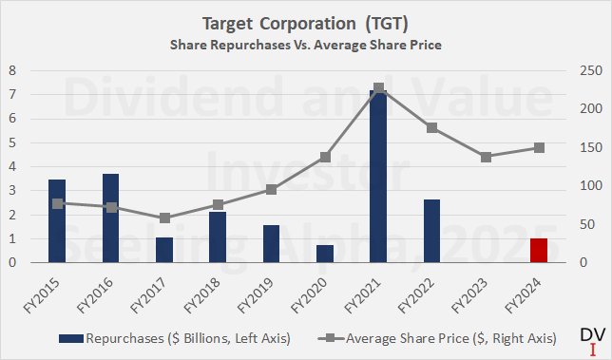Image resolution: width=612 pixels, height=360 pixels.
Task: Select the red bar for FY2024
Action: click(539, 250)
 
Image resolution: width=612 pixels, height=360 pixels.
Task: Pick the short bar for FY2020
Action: click(325, 253)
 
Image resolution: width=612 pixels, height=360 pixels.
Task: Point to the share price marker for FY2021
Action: click(378, 88)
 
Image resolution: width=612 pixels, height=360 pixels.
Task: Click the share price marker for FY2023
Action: click(486, 157)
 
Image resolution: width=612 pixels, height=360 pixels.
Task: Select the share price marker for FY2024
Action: click(539, 147)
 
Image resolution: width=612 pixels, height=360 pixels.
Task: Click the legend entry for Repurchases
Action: click(171, 337)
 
